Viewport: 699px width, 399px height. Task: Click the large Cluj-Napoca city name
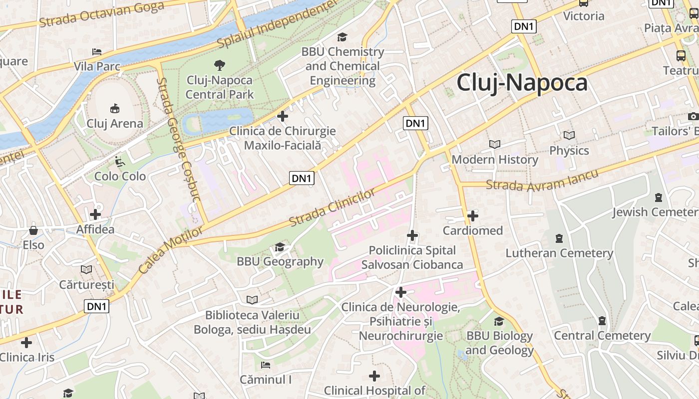click(x=522, y=83)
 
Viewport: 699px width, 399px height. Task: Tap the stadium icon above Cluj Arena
click(x=115, y=108)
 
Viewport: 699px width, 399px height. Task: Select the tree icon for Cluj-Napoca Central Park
click(x=219, y=65)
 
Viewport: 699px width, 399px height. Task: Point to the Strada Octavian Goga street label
click(x=101, y=14)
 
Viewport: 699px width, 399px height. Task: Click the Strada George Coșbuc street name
click(x=178, y=140)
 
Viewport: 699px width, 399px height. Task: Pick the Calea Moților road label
click(x=171, y=250)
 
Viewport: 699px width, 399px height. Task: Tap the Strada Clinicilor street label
click(x=332, y=206)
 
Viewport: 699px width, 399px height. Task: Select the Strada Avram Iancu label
click(x=542, y=180)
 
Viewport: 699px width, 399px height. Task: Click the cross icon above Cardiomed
click(x=473, y=216)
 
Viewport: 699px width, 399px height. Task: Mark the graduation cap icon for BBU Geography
click(x=280, y=247)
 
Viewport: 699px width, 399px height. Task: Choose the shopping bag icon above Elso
click(x=33, y=230)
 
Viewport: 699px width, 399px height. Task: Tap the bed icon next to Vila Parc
click(x=97, y=51)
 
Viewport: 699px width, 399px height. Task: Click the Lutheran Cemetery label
click(x=559, y=253)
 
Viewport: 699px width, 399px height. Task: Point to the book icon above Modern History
click(x=495, y=144)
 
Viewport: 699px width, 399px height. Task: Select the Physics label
click(x=569, y=150)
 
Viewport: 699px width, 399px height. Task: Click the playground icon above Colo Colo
click(x=120, y=162)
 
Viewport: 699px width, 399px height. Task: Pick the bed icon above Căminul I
click(x=266, y=365)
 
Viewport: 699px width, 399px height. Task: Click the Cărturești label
click(x=86, y=285)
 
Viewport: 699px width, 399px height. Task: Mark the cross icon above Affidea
click(x=95, y=215)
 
